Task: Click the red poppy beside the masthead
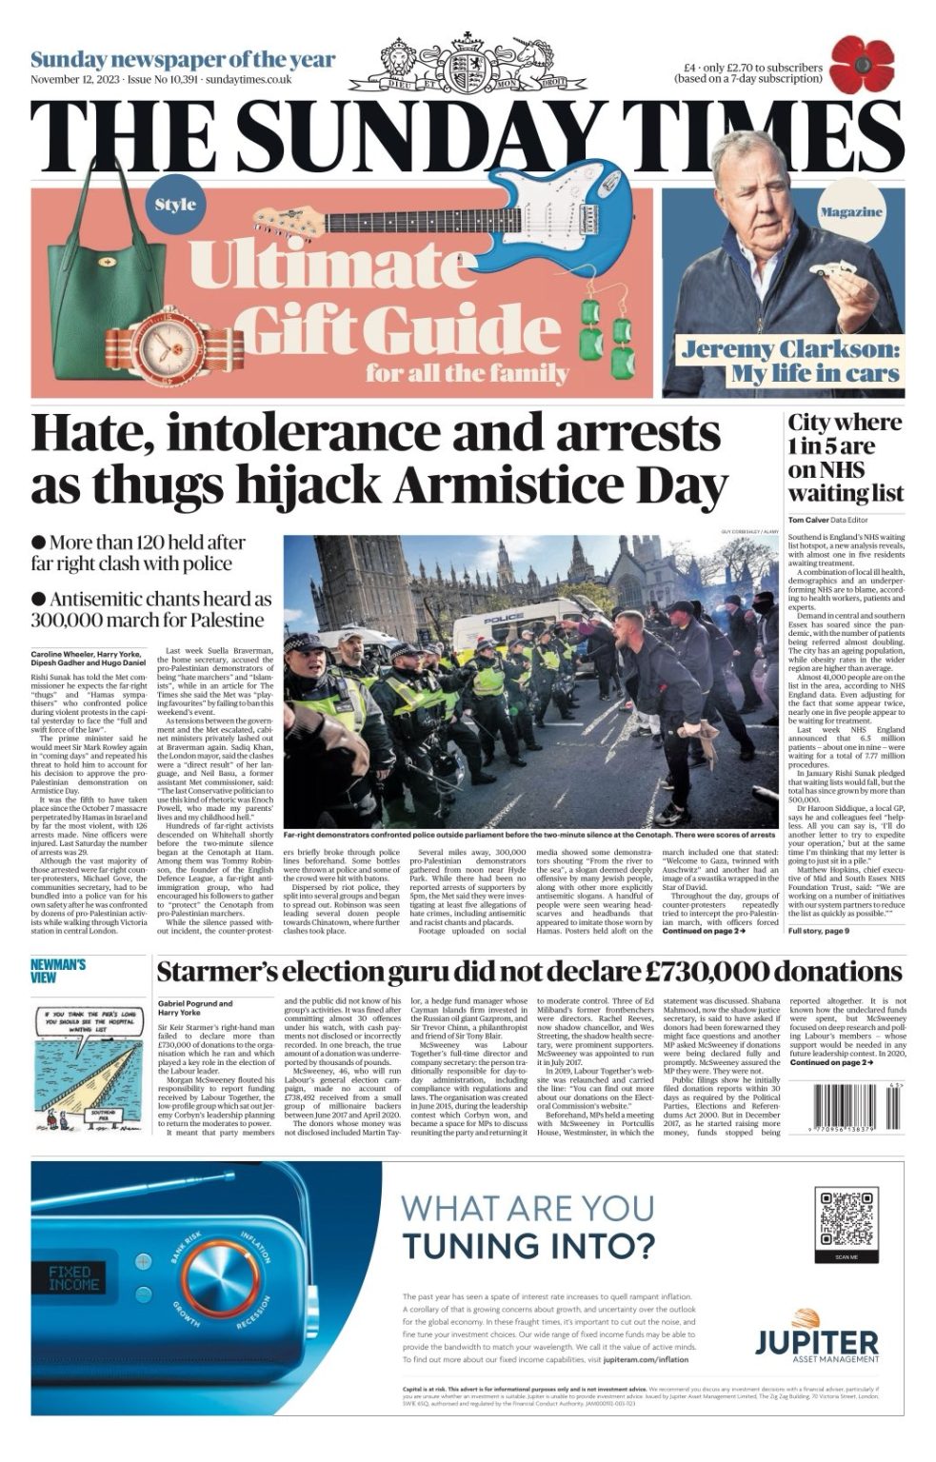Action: tap(861, 65)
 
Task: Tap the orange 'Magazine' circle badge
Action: tap(850, 211)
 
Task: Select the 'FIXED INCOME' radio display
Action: tap(74, 1278)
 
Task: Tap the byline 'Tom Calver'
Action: tap(807, 520)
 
